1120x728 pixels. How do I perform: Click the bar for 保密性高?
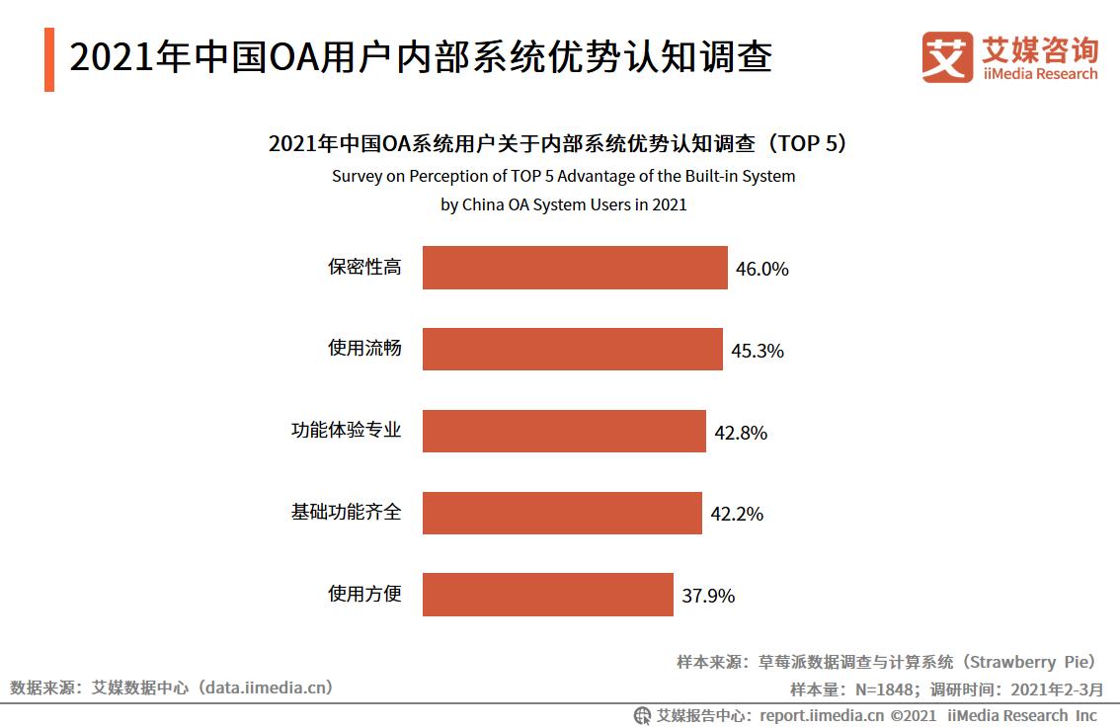click(x=575, y=268)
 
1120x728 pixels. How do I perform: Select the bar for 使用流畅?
click(x=573, y=350)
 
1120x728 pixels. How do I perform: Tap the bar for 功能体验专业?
click(x=564, y=431)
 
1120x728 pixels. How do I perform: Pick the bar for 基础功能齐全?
click(x=562, y=513)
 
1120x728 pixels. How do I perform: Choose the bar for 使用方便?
click(x=548, y=595)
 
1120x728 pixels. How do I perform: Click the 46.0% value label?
click(x=762, y=269)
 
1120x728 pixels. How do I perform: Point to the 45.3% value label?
click(x=758, y=351)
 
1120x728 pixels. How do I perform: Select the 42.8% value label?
click(x=741, y=433)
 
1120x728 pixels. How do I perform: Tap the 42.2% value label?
click(x=737, y=514)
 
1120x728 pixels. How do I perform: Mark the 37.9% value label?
click(x=708, y=596)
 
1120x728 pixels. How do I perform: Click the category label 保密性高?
click(x=364, y=267)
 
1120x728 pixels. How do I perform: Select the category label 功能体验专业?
click(x=346, y=431)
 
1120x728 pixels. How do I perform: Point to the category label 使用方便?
click(x=364, y=594)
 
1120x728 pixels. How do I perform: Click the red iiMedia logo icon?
click(x=947, y=57)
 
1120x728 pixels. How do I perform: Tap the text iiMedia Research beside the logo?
click(x=1039, y=74)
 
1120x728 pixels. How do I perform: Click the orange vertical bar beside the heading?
click(x=49, y=60)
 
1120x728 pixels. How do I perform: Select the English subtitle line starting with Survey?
click(x=563, y=176)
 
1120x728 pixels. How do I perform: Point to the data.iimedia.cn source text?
click(x=266, y=687)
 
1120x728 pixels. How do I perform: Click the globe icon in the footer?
click(x=642, y=715)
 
